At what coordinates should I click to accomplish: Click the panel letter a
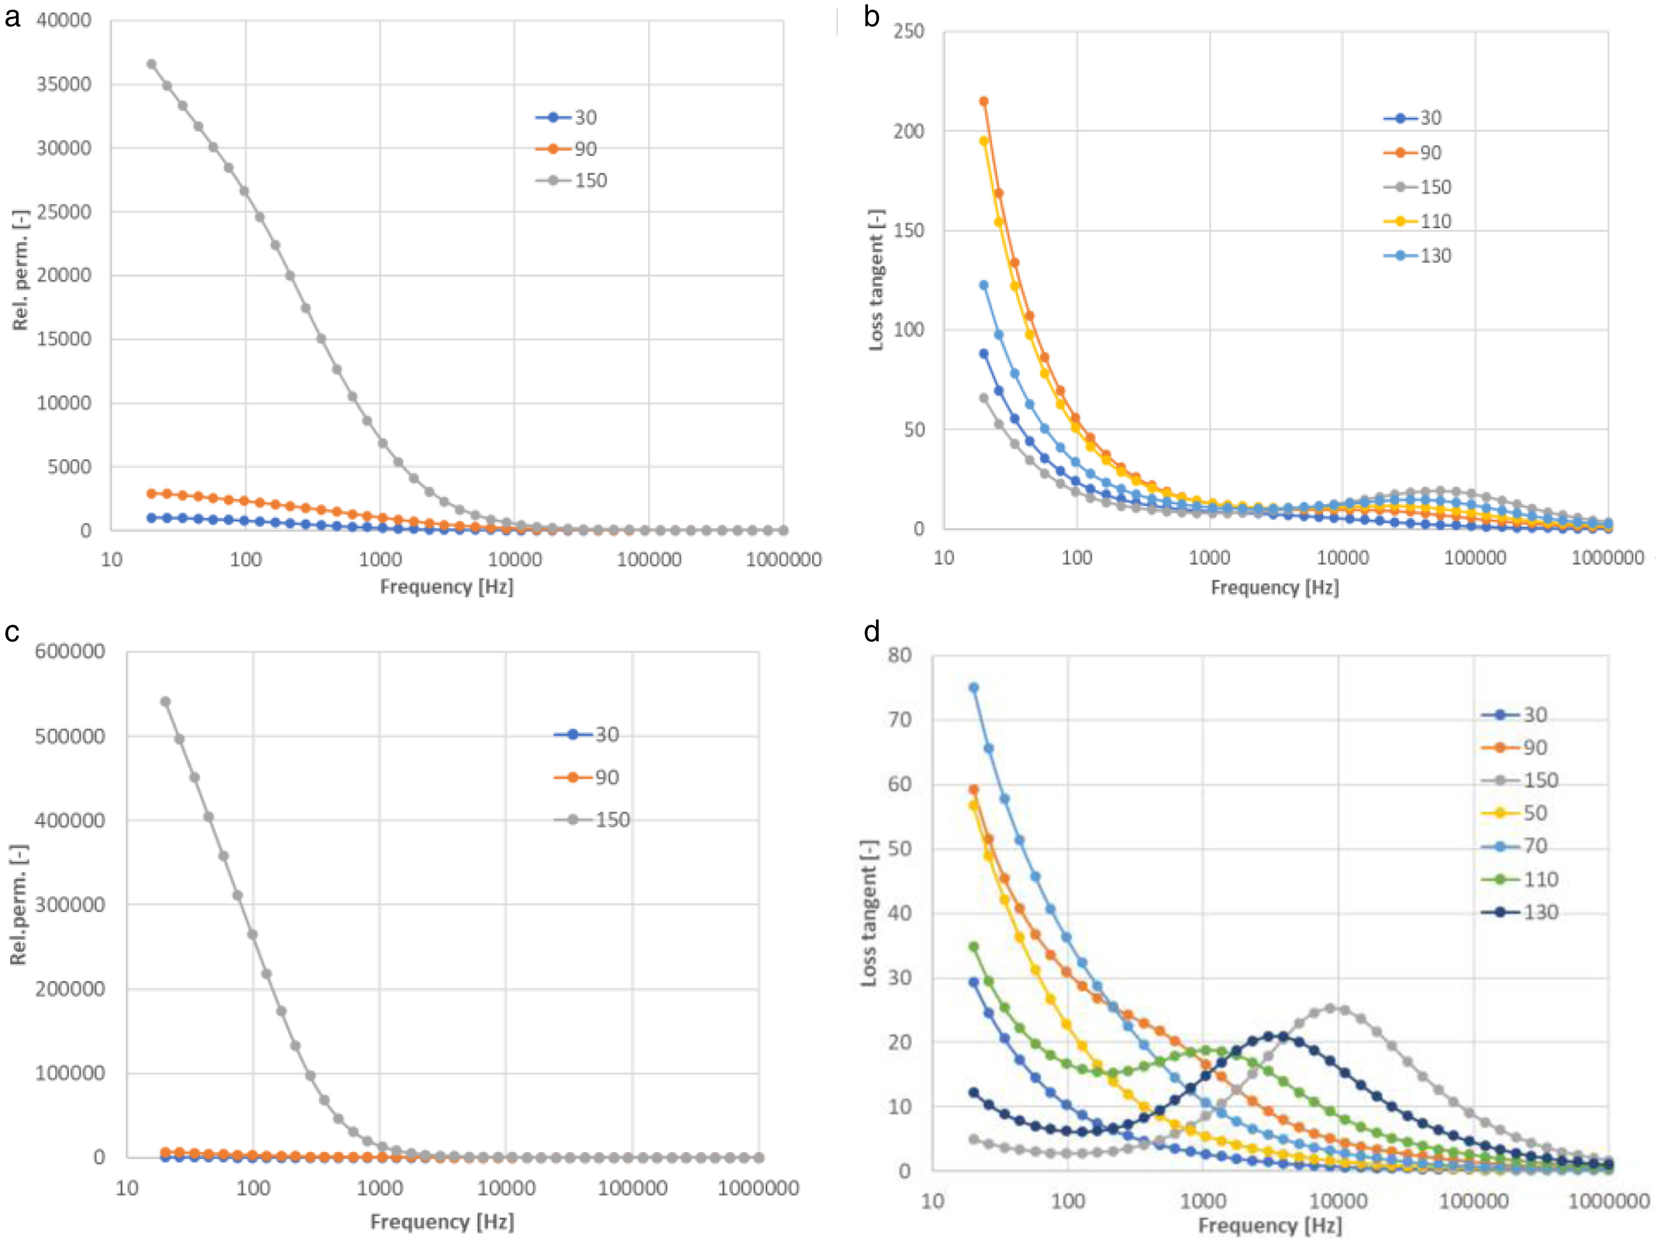tap(12, 16)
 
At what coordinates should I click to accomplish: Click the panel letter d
tap(871, 633)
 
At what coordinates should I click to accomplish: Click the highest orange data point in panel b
tap(984, 101)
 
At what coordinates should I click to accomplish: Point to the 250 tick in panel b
tap(909, 32)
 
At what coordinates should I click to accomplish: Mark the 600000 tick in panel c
tap(70, 651)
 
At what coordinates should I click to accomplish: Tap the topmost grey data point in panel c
tap(165, 701)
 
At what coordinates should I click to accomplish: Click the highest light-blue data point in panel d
tap(973, 687)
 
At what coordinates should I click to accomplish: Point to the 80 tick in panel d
tap(900, 655)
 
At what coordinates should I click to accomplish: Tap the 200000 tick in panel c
tap(70, 989)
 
